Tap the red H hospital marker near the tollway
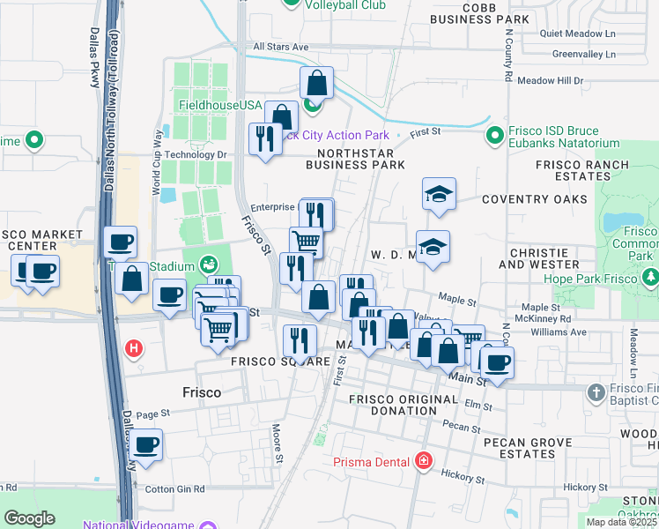(133, 348)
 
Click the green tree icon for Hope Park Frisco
(650, 278)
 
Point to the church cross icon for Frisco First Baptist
(596, 392)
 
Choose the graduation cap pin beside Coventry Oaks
(439, 194)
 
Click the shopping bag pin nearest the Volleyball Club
(316, 84)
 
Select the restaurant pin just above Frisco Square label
(300, 339)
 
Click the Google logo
(29, 518)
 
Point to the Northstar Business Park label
(355, 157)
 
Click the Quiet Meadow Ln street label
(577, 34)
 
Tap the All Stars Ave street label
(280, 47)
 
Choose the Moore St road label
(278, 446)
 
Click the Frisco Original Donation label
(404, 406)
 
